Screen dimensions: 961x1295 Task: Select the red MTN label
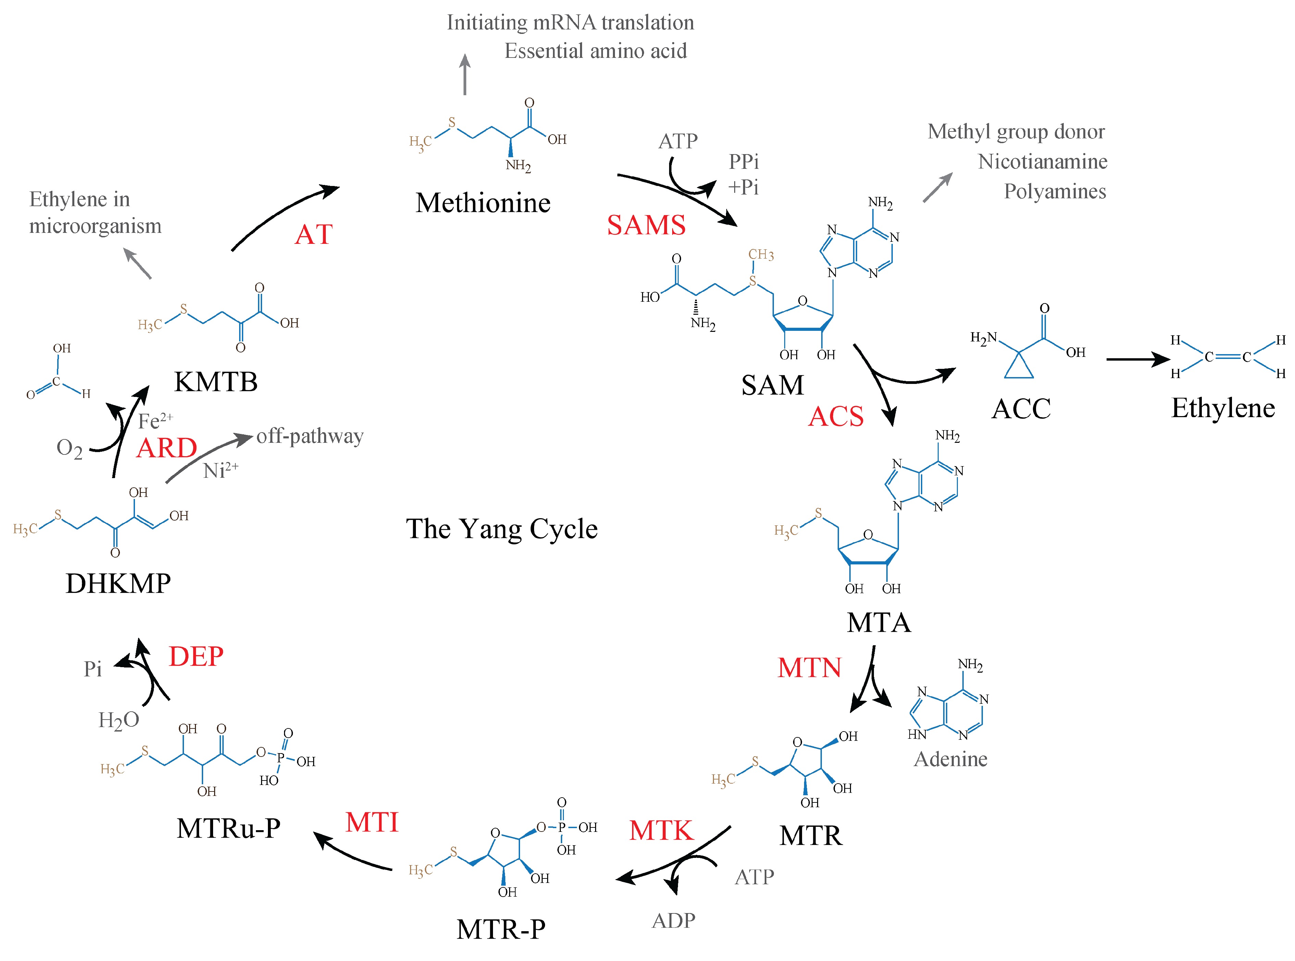[x=809, y=668]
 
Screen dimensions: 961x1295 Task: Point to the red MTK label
[x=662, y=830]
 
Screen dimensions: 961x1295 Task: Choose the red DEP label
[x=196, y=657]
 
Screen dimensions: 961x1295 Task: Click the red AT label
[x=313, y=235]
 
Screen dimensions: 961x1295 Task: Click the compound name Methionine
[x=483, y=203]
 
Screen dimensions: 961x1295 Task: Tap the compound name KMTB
[x=216, y=382]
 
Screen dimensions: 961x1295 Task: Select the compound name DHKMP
[x=118, y=584]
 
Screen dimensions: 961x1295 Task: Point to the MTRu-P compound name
[x=229, y=828]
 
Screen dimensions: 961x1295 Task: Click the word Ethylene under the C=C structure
[x=1223, y=408]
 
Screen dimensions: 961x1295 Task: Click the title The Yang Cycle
[x=502, y=529]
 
